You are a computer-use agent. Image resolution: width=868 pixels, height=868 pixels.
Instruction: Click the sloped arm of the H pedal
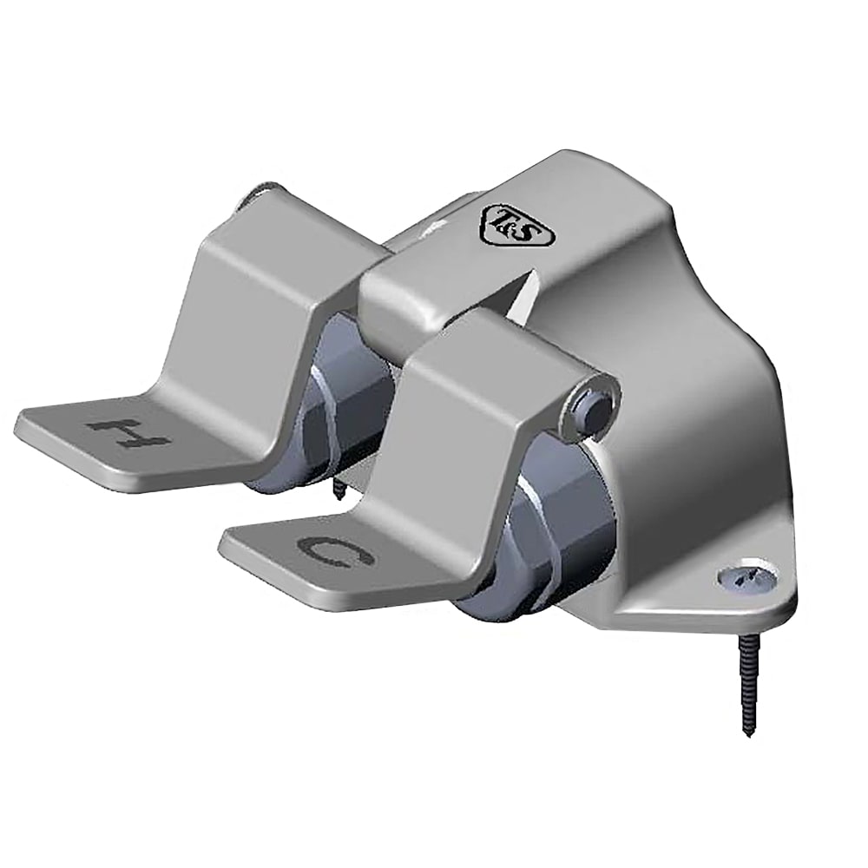click(252, 330)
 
